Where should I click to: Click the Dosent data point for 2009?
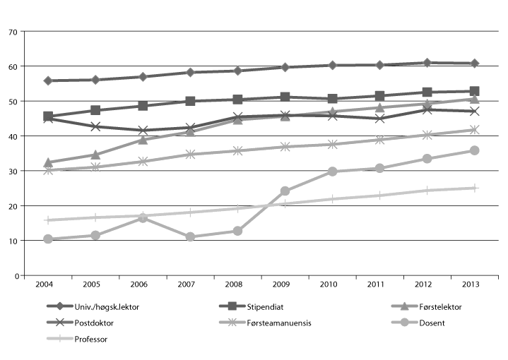[x=285, y=191]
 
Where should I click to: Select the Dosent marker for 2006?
[x=143, y=218]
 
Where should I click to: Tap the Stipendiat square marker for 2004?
[x=48, y=116]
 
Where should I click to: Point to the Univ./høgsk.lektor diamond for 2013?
[x=475, y=64]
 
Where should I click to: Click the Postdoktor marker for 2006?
[x=143, y=131]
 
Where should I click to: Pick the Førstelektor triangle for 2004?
[x=48, y=163]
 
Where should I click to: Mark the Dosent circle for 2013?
[x=475, y=150]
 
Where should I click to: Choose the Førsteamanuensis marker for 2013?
[x=475, y=130]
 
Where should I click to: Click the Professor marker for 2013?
[x=475, y=188]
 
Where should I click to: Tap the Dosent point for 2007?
[x=190, y=237]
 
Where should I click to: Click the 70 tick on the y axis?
[x=12, y=32]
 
